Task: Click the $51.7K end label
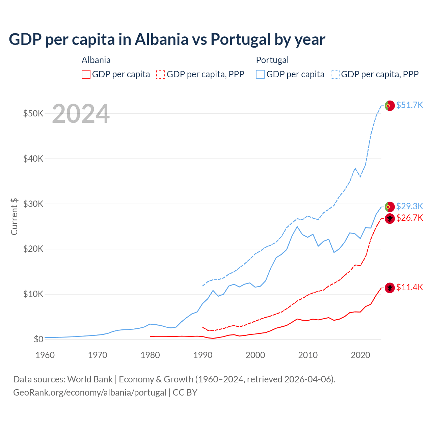[x=409, y=105]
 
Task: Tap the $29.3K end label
[x=409, y=206]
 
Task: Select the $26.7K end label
[x=409, y=218]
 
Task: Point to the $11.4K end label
[x=409, y=287]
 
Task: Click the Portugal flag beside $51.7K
[x=390, y=106]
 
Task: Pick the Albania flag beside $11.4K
[x=390, y=288]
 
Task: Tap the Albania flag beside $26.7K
[x=390, y=219]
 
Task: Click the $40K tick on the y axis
[x=33, y=159]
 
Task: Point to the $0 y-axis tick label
[x=38, y=339]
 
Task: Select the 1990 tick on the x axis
[x=203, y=355]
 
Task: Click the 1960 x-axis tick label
[x=45, y=355]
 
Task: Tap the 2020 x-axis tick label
[x=360, y=355]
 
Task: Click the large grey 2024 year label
[x=81, y=114]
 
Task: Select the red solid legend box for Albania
[x=86, y=74]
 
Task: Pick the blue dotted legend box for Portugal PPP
[x=335, y=74]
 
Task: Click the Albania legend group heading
[x=96, y=60]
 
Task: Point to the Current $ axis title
[x=14, y=216]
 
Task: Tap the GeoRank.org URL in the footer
[x=90, y=393]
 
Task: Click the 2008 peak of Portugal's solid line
[x=297, y=226]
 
